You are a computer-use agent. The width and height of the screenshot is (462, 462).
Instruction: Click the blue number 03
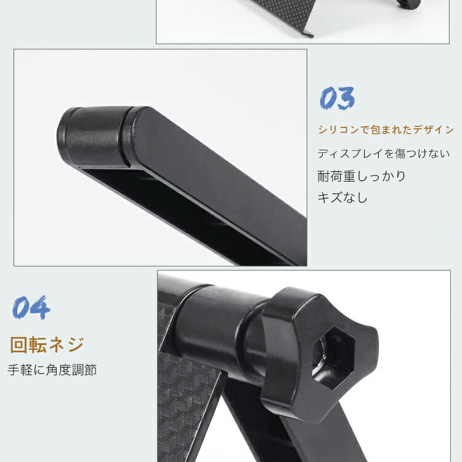[337, 98]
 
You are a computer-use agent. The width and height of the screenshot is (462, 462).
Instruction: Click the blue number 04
[31, 307]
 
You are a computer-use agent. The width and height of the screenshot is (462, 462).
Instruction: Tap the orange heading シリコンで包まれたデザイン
[386, 129]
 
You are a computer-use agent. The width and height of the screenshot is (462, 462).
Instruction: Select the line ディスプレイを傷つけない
[383, 153]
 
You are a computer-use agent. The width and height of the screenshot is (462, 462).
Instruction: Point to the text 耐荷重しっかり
[362, 176]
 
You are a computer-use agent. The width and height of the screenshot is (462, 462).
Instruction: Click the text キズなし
[342, 197]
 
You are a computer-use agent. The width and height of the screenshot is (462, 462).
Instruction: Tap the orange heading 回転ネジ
[47, 345]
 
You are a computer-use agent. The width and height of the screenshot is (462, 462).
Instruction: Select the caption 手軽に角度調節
[52, 370]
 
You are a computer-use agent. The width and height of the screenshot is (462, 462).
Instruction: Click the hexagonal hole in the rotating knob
[333, 358]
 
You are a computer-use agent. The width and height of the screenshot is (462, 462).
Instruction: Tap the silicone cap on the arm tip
[94, 136]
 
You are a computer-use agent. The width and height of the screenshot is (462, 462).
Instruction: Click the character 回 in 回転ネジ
[18, 345]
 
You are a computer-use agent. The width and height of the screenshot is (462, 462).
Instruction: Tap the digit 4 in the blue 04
[41, 307]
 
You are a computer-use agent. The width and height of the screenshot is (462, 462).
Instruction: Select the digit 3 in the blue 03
[346, 98]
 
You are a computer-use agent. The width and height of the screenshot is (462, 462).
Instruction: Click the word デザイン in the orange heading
[433, 129]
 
